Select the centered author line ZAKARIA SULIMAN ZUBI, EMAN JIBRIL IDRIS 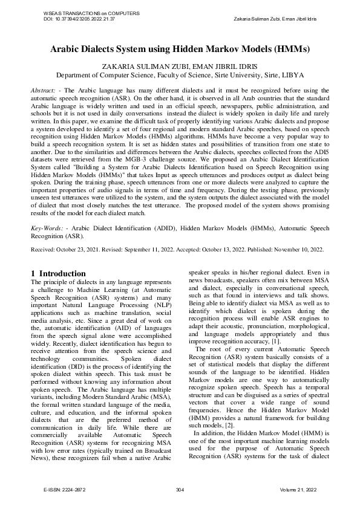tap(180, 66)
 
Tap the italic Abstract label tap(44, 90)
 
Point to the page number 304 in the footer tap(180, 490)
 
